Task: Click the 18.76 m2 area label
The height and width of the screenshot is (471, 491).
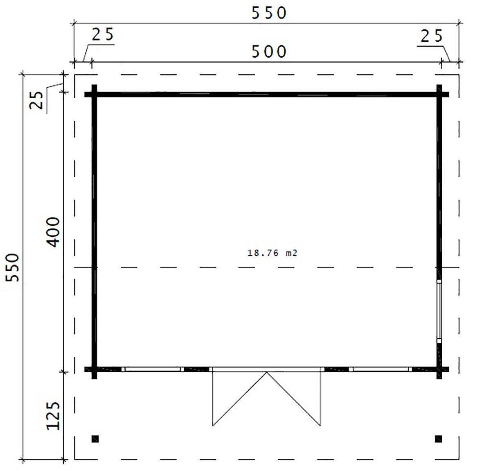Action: (x=272, y=253)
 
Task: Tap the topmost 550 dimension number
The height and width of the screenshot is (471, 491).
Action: (x=269, y=13)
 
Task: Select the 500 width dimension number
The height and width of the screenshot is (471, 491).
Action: (x=269, y=52)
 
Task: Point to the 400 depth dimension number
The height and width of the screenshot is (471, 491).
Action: (x=54, y=232)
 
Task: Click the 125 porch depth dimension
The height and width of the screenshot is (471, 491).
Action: (x=54, y=415)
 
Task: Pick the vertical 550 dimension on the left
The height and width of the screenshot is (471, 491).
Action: (x=13, y=268)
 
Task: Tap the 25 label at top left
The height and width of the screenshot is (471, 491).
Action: (x=103, y=34)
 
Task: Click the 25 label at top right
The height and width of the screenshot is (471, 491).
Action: (x=431, y=36)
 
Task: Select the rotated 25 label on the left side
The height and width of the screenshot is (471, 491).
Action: (x=36, y=100)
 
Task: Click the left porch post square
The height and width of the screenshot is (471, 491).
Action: (x=95, y=439)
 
